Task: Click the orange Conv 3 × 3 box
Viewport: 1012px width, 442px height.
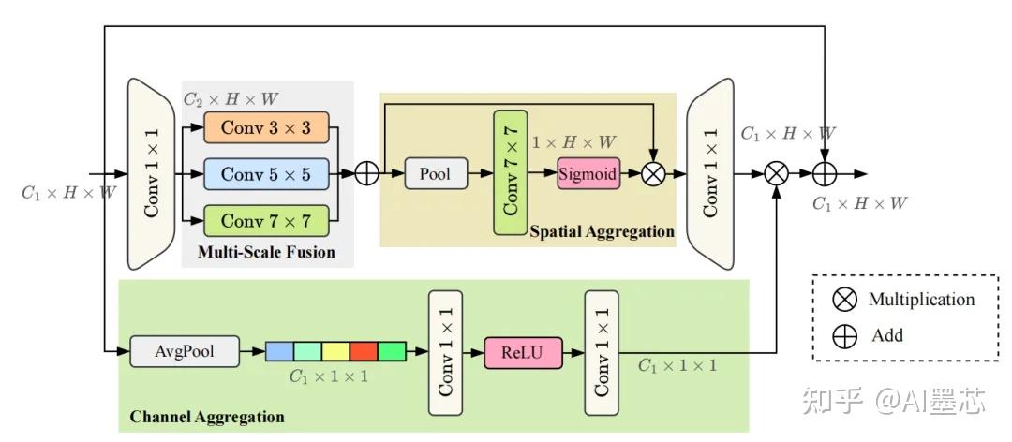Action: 266,128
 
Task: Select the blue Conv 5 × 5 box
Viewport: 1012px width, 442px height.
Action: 266,174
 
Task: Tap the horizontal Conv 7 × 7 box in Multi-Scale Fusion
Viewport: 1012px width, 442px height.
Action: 266,221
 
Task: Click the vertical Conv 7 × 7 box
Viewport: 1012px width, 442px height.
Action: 511,172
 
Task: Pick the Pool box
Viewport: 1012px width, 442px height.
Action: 435,174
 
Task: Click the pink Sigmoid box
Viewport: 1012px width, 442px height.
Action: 588,174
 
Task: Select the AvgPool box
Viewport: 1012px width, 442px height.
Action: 185,352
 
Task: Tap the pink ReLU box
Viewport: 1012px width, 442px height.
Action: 523,352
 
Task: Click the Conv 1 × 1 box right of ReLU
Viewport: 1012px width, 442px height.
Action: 603,352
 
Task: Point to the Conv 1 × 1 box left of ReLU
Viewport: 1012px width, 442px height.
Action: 446,352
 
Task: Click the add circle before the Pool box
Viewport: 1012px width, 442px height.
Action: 366,174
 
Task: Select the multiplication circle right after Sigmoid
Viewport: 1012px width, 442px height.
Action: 653,174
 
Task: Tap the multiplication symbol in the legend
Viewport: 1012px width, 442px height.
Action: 844,300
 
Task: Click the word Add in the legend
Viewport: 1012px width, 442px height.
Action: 887,334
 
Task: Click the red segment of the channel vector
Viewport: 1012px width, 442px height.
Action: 364,352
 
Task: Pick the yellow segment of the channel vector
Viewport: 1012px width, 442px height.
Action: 335,352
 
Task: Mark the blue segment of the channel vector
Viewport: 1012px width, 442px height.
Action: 279,352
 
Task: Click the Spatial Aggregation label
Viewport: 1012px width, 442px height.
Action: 602,231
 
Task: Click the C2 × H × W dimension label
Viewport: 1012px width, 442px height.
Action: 230,98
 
